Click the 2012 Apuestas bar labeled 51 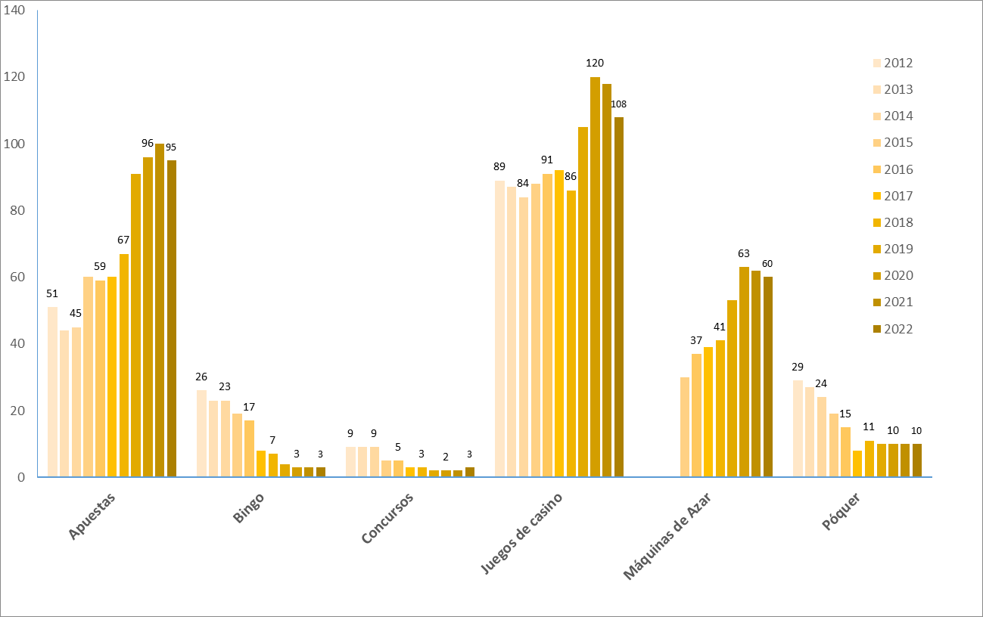pyautogui.click(x=52, y=392)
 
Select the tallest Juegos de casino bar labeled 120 pyautogui.click(x=595, y=277)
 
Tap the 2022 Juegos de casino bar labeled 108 pyautogui.click(x=619, y=297)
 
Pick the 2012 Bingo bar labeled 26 pyautogui.click(x=201, y=433)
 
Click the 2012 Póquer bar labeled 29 pyautogui.click(x=798, y=429)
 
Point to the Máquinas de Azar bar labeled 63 pyautogui.click(x=744, y=372)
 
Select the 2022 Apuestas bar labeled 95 pyautogui.click(x=172, y=318)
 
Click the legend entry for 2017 pyautogui.click(x=897, y=196)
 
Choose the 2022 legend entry pyautogui.click(x=897, y=329)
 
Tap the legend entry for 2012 pyautogui.click(x=897, y=64)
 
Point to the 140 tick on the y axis pyautogui.click(x=14, y=11)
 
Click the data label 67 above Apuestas pyautogui.click(x=123, y=240)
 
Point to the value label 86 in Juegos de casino pyautogui.click(x=571, y=177)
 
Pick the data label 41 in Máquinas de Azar pyautogui.click(x=720, y=327)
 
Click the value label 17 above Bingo pyautogui.click(x=249, y=407)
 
